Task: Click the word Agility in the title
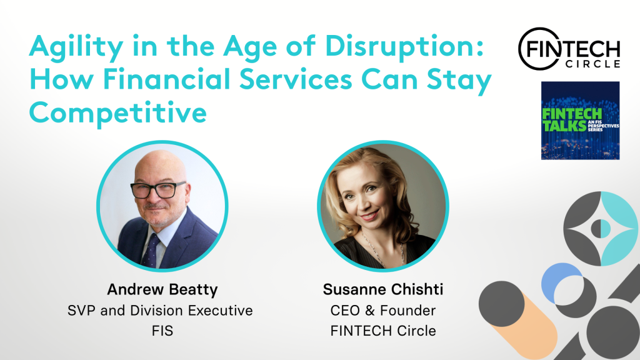[x=76, y=47]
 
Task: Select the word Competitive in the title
[x=118, y=112]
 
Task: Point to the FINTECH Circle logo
[x=569, y=49]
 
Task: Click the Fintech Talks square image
[x=580, y=121]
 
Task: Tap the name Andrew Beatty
[x=162, y=289]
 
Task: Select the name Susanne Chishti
[x=383, y=289]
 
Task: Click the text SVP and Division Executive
[x=160, y=311]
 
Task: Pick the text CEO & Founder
[x=383, y=311]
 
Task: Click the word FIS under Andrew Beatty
[x=162, y=331]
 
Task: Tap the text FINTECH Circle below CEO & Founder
[x=383, y=331]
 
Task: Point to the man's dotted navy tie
[x=152, y=250]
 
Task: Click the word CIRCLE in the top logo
[x=593, y=64]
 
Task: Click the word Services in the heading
[x=296, y=79]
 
